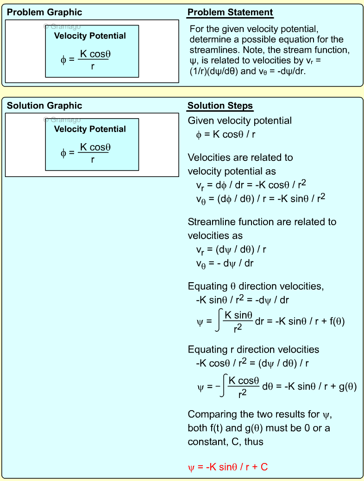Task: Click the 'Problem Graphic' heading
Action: tap(44, 13)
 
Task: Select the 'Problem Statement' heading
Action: tap(230, 13)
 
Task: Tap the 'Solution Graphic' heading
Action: tap(44, 106)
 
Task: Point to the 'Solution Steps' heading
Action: tap(220, 106)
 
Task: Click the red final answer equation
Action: tap(228, 467)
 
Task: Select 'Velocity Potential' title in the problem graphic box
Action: tap(90, 36)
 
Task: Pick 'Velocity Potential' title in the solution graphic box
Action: tap(90, 129)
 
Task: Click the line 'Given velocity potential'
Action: tap(239, 121)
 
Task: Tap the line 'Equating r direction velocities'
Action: tap(253, 349)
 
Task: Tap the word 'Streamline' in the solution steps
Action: tap(210, 222)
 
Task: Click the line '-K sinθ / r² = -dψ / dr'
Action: tap(243, 300)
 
